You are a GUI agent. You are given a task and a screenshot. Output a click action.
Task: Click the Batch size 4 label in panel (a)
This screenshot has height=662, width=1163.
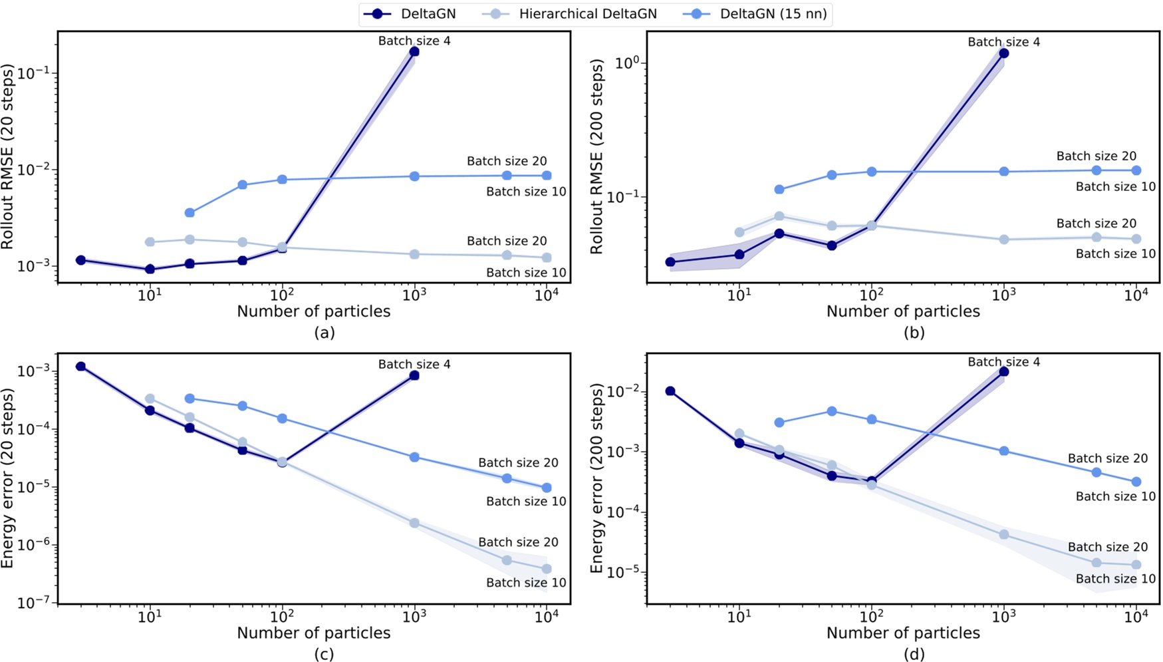pyautogui.click(x=414, y=41)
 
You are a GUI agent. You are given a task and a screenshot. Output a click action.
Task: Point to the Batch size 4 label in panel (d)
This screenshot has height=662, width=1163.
pyautogui.click(x=1003, y=362)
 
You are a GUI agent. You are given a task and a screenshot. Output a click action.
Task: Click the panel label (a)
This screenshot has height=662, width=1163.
pyautogui.click(x=324, y=333)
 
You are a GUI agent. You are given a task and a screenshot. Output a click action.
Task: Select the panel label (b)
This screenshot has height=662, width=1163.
pyautogui.click(x=914, y=333)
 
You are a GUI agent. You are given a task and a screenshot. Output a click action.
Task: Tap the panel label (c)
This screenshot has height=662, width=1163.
pyautogui.click(x=324, y=655)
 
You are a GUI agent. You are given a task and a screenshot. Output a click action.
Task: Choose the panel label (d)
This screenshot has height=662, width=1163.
pyautogui.click(x=914, y=655)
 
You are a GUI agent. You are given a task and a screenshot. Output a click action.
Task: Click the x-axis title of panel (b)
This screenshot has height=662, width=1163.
pyautogui.click(x=903, y=311)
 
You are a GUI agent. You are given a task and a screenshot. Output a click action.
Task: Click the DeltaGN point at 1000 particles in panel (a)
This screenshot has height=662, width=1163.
pyautogui.click(x=414, y=52)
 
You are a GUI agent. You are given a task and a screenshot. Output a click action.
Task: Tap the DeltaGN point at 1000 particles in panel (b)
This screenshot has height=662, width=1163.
pyautogui.click(x=1003, y=53)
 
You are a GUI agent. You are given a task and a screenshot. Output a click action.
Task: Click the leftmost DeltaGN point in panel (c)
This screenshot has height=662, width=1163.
pyautogui.click(x=80, y=367)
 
